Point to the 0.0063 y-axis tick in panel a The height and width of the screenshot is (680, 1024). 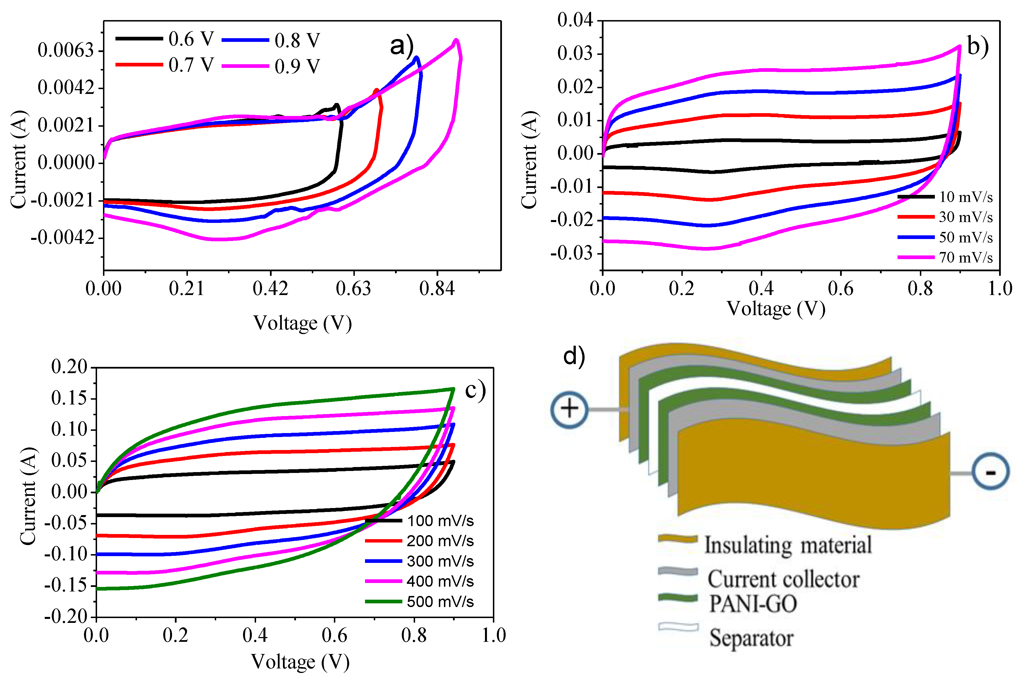(65, 50)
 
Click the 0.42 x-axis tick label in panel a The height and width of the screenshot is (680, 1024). (270, 289)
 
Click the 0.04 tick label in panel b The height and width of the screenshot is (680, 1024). (575, 20)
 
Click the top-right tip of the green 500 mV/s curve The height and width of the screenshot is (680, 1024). (454, 389)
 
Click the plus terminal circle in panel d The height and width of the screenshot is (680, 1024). (570, 409)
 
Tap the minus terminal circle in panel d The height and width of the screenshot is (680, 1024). (991, 472)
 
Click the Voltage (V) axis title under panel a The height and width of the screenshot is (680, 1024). (302, 324)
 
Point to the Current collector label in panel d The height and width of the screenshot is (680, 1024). (783, 579)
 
